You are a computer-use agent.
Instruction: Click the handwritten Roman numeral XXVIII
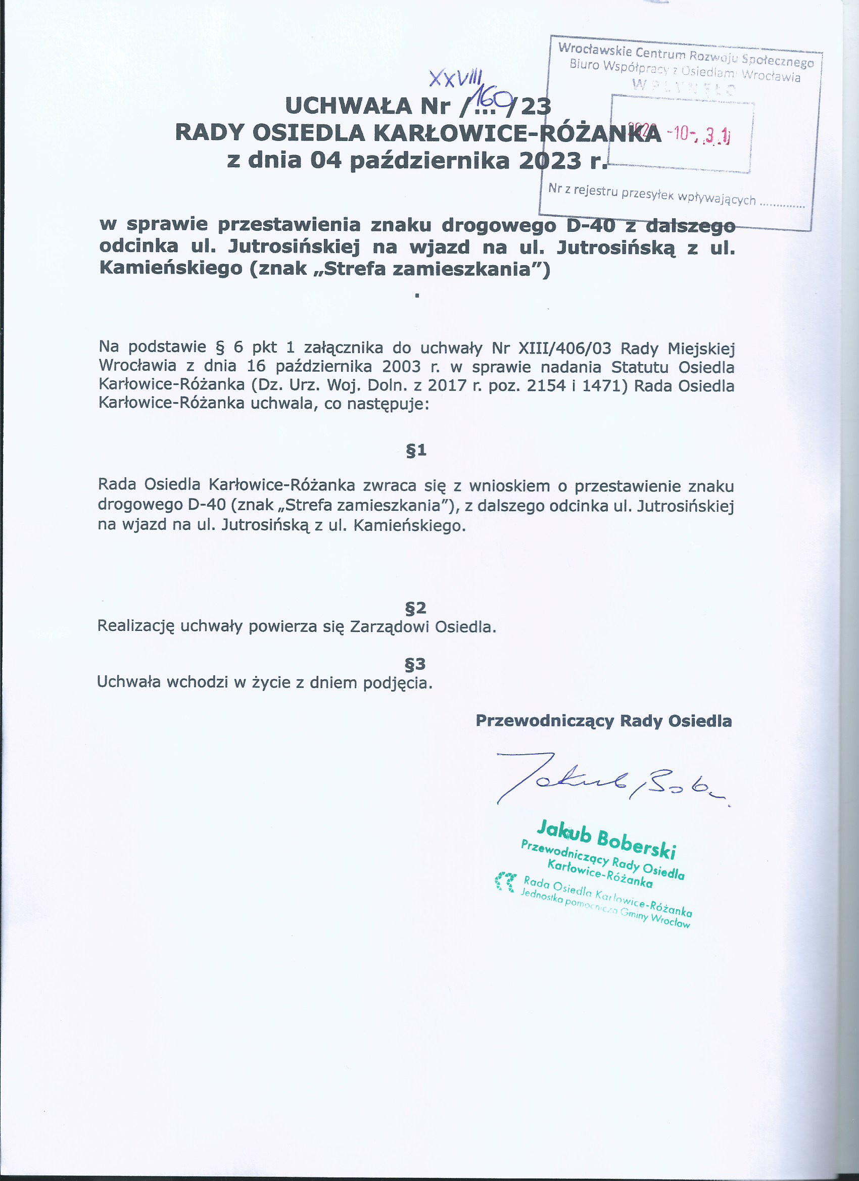(x=455, y=78)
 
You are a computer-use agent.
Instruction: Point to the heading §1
(x=416, y=450)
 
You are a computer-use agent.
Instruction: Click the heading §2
(x=416, y=608)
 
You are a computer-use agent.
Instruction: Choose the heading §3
(x=415, y=664)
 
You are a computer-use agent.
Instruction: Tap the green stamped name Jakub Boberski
(x=606, y=839)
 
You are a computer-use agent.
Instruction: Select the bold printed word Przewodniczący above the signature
(x=545, y=721)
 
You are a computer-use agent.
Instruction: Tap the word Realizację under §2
(x=135, y=626)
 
